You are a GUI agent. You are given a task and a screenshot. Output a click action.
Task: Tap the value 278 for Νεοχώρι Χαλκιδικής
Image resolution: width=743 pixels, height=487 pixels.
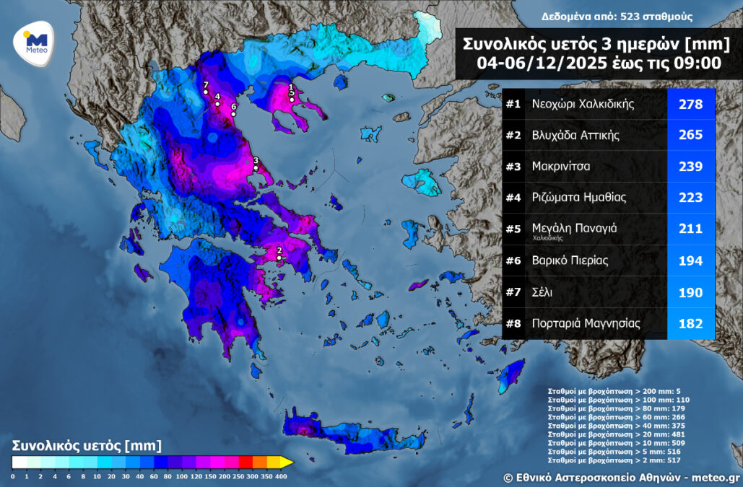pyautogui.click(x=690, y=104)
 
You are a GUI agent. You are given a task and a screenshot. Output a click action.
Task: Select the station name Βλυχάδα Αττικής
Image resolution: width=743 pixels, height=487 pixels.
pyautogui.click(x=575, y=135)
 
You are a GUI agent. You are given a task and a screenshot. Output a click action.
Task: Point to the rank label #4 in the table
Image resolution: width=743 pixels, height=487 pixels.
pyautogui.click(x=513, y=198)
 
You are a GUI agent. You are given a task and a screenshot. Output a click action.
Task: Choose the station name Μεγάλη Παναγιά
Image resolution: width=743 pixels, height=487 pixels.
pyautogui.click(x=574, y=227)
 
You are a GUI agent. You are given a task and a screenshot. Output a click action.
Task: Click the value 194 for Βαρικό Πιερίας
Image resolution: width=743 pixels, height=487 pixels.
pyautogui.click(x=690, y=260)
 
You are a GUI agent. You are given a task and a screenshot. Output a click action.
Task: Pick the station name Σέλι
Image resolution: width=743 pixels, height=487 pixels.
pyautogui.click(x=543, y=292)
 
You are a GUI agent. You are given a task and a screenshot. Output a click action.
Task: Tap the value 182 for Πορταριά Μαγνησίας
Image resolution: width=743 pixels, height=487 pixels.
pyautogui.click(x=690, y=324)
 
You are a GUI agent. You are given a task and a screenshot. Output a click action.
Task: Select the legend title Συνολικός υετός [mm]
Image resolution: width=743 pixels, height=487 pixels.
pyautogui.click(x=87, y=446)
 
